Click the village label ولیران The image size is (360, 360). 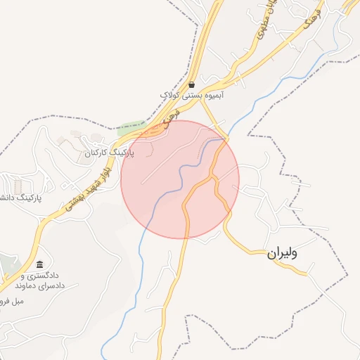(281, 253)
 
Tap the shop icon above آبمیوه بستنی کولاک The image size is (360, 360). (191, 84)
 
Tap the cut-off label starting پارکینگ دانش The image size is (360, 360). (20, 198)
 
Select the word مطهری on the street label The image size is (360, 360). (263, 29)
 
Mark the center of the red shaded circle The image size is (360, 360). (180, 179)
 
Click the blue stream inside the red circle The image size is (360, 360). (184, 169)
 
